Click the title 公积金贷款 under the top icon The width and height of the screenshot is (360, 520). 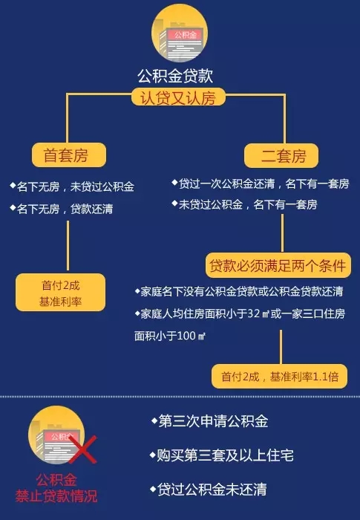click(175, 76)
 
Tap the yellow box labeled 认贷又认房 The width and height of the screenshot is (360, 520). click(178, 97)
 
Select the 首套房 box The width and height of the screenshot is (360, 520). click(69, 155)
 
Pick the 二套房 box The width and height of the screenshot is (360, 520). click(281, 155)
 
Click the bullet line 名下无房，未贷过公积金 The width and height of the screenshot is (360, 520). click(72, 186)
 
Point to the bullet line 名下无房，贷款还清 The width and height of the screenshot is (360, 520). click(62, 209)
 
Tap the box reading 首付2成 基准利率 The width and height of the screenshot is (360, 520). click(60, 293)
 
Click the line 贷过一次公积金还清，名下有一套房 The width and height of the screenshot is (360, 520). click(261, 183)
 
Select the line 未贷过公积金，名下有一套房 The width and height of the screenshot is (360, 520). click(244, 204)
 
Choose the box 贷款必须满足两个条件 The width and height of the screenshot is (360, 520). click(278, 266)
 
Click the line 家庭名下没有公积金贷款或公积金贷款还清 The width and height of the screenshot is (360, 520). click(239, 291)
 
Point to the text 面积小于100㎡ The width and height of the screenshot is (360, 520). click(170, 336)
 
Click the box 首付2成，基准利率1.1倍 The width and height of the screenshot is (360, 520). click(279, 377)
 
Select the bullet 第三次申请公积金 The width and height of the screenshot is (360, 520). click(209, 421)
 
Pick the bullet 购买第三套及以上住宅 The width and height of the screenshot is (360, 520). click(221, 455)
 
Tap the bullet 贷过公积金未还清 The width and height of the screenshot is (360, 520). click(208, 490)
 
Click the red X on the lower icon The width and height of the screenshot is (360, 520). click(83, 449)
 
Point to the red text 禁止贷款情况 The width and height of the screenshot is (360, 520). click(56, 496)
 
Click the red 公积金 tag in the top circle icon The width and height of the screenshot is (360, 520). click(185, 34)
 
